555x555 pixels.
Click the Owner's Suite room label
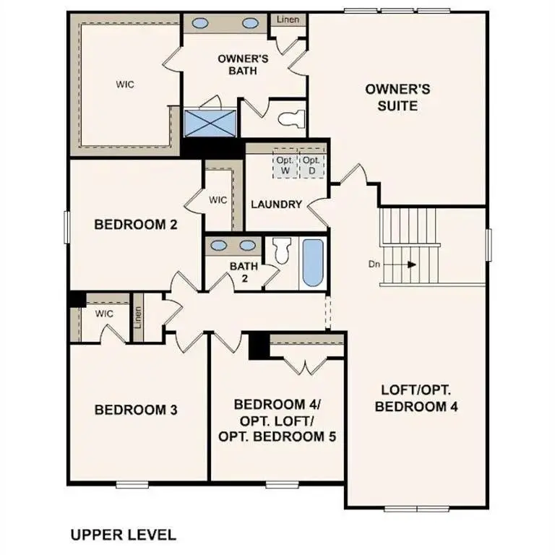pyautogui.click(x=397, y=98)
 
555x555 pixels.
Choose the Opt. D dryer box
pyautogui.click(x=311, y=165)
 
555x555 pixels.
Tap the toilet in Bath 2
pyautogui.click(x=280, y=251)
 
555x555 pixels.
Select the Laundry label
pyautogui.click(x=276, y=205)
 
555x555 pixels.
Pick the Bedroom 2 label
pyautogui.click(x=136, y=225)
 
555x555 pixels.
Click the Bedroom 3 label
pyautogui.click(x=136, y=410)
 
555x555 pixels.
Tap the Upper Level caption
pyautogui.click(x=123, y=535)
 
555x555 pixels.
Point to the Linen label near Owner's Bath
pyautogui.click(x=288, y=20)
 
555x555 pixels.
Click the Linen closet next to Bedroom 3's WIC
pyautogui.click(x=137, y=317)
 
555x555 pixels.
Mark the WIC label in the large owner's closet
pyautogui.click(x=125, y=84)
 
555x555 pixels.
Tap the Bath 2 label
pyautogui.click(x=244, y=272)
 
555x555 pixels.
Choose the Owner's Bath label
pyautogui.click(x=244, y=64)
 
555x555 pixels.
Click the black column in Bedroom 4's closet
pyautogui.click(x=259, y=345)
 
